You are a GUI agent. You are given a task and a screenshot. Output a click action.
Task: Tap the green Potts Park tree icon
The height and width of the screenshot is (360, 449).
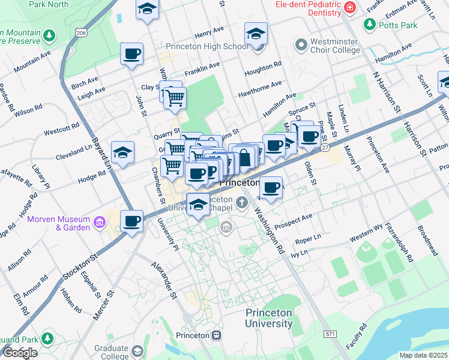[x=369, y=25]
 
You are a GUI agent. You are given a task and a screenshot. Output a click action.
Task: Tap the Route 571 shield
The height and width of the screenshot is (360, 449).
[x=329, y=333]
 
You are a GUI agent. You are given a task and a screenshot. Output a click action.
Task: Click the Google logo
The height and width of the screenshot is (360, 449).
[x=19, y=353]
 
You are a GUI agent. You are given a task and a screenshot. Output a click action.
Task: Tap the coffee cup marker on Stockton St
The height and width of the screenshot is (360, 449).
[x=131, y=221]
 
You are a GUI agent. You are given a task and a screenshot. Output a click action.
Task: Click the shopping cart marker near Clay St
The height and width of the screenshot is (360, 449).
[x=175, y=97]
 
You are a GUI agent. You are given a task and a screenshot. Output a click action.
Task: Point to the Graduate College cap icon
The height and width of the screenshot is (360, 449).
[x=137, y=350]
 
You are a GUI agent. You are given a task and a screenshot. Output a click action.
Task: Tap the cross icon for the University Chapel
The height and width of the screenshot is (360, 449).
[x=242, y=202]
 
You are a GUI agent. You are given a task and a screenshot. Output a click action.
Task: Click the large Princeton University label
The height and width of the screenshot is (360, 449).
[x=268, y=318]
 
